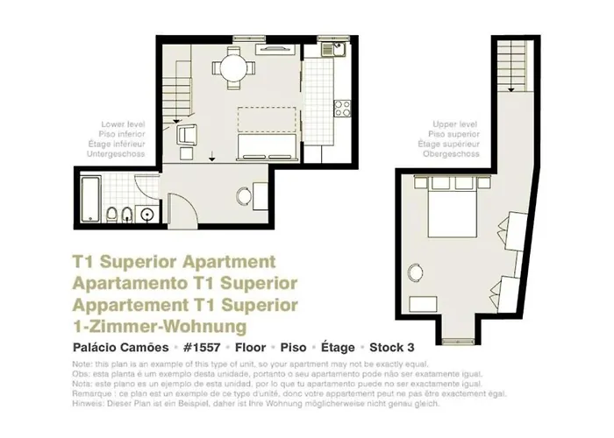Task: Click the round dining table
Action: pos(234,68)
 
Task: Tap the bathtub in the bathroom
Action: pos(90,200)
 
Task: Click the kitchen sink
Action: pos(332,50)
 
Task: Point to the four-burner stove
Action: pos(342,109)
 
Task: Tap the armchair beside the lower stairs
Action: pos(187,135)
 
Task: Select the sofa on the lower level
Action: pos(268,147)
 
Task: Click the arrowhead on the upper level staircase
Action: pos(511,89)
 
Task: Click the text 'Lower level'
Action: pos(123,124)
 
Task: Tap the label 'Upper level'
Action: pos(454,124)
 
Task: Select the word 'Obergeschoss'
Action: pos(451,153)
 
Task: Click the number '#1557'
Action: pos(202,347)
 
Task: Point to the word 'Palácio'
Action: pos(94,347)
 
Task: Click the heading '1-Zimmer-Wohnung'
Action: pos(160,326)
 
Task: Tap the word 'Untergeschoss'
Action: pos(116,153)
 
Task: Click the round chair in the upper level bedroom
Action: pos(416,272)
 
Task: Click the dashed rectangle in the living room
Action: pos(267,119)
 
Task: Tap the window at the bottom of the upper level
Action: pos(458,342)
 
